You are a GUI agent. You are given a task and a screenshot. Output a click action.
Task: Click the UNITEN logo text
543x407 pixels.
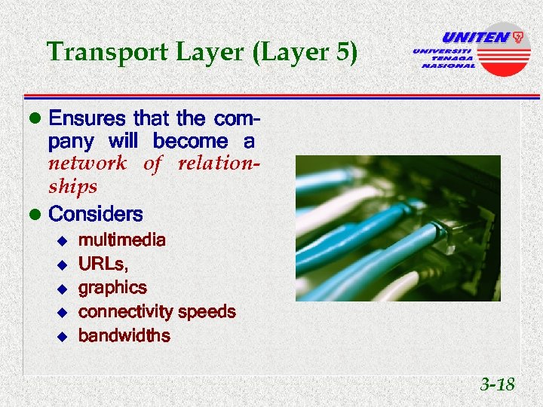tap(474, 38)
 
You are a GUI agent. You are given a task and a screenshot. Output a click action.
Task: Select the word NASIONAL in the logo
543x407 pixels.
tap(448, 66)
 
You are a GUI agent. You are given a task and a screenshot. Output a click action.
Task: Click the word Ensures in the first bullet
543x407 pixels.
tap(87, 118)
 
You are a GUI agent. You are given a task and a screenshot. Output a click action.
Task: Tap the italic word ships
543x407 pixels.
tap(72, 186)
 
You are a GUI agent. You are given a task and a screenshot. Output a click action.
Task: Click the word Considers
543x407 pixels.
tap(95, 214)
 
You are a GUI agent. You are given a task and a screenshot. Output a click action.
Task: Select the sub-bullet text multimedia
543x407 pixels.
tap(121, 240)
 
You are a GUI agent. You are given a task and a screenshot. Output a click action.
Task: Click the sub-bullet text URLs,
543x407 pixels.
tap(103, 265)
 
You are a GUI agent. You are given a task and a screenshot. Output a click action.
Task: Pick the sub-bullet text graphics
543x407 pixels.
tap(112, 288)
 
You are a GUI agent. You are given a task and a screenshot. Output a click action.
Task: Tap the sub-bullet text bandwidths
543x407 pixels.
tap(124, 335)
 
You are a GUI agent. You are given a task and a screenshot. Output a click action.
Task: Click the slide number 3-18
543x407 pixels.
tap(497, 385)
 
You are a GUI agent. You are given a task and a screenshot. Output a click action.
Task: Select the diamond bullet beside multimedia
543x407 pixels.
tap(63, 241)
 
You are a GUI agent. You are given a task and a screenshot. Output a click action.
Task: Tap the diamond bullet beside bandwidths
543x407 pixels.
tap(63, 336)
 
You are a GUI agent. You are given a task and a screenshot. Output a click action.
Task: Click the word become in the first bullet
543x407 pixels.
tap(190, 142)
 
